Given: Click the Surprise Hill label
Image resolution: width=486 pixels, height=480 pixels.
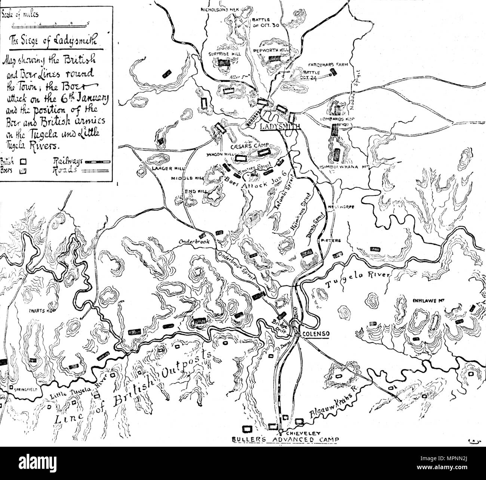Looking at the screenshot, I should tap(225, 54).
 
